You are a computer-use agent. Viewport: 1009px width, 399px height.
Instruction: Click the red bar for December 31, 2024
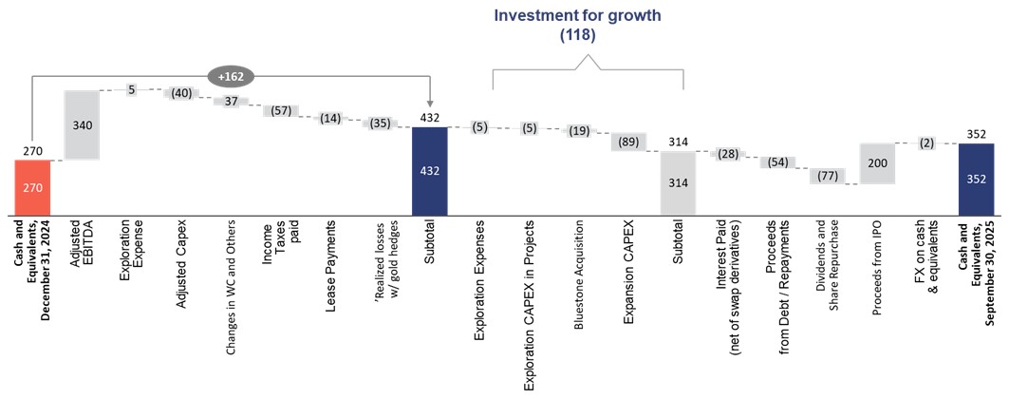click(x=32, y=189)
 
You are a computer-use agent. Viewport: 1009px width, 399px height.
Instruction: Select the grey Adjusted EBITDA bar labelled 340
click(x=81, y=125)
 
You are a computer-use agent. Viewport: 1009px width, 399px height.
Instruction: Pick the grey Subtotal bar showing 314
click(x=678, y=182)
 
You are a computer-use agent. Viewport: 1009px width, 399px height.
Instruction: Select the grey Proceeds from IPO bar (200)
click(x=878, y=163)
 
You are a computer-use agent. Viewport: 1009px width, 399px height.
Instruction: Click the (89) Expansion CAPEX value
click(x=628, y=142)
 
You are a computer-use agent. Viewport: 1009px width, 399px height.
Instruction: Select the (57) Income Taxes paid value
click(x=280, y=111)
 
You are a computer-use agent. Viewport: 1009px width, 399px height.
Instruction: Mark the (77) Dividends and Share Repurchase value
click(x=827, y=176)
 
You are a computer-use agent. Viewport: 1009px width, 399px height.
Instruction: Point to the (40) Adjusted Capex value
click(x=180, y=93)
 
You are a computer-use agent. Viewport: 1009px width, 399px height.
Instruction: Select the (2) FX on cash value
click(x=926, y=142)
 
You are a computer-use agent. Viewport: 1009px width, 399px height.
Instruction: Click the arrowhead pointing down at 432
click(x=430, y=103)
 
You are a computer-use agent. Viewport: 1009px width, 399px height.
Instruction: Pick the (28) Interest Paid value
click(x=728, y=154)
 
